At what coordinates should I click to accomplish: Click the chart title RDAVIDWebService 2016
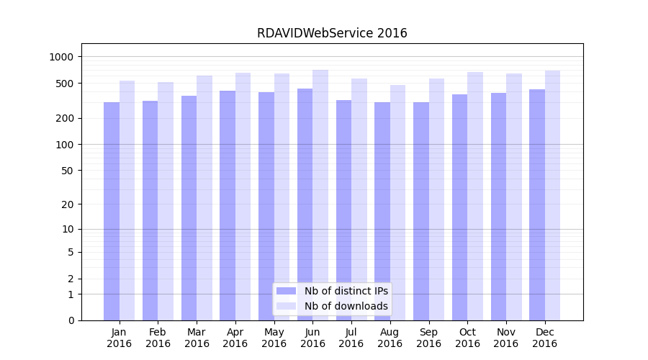(332, 33)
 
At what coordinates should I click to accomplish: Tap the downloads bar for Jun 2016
(320, 194)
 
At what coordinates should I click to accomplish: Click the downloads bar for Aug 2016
(397, 202)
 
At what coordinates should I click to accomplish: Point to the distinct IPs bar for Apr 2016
(228, 205)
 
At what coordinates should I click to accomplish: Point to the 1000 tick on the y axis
(66, 57)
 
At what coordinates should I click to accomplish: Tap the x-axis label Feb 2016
(158, 338)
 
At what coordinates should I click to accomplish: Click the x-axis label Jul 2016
(351, 338)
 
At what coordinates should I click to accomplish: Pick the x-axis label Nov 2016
(506, 338)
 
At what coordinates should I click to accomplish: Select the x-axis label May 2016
(274, 338)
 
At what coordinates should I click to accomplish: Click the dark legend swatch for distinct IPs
(286, 291)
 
